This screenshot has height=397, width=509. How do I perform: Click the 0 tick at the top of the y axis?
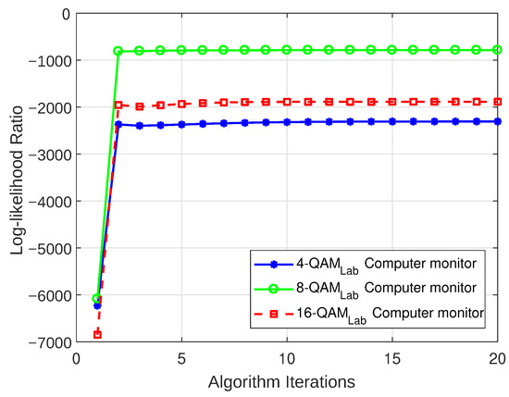click(x=65, y=14)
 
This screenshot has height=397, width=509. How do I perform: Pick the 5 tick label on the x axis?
click(x=181, y=357)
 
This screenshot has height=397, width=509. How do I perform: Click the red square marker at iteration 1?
click(x=97, y=334)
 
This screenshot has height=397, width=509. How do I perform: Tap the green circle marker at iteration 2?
click(x=118, y=51)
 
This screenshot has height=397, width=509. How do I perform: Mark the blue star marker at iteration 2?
click(x=118, y=124)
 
